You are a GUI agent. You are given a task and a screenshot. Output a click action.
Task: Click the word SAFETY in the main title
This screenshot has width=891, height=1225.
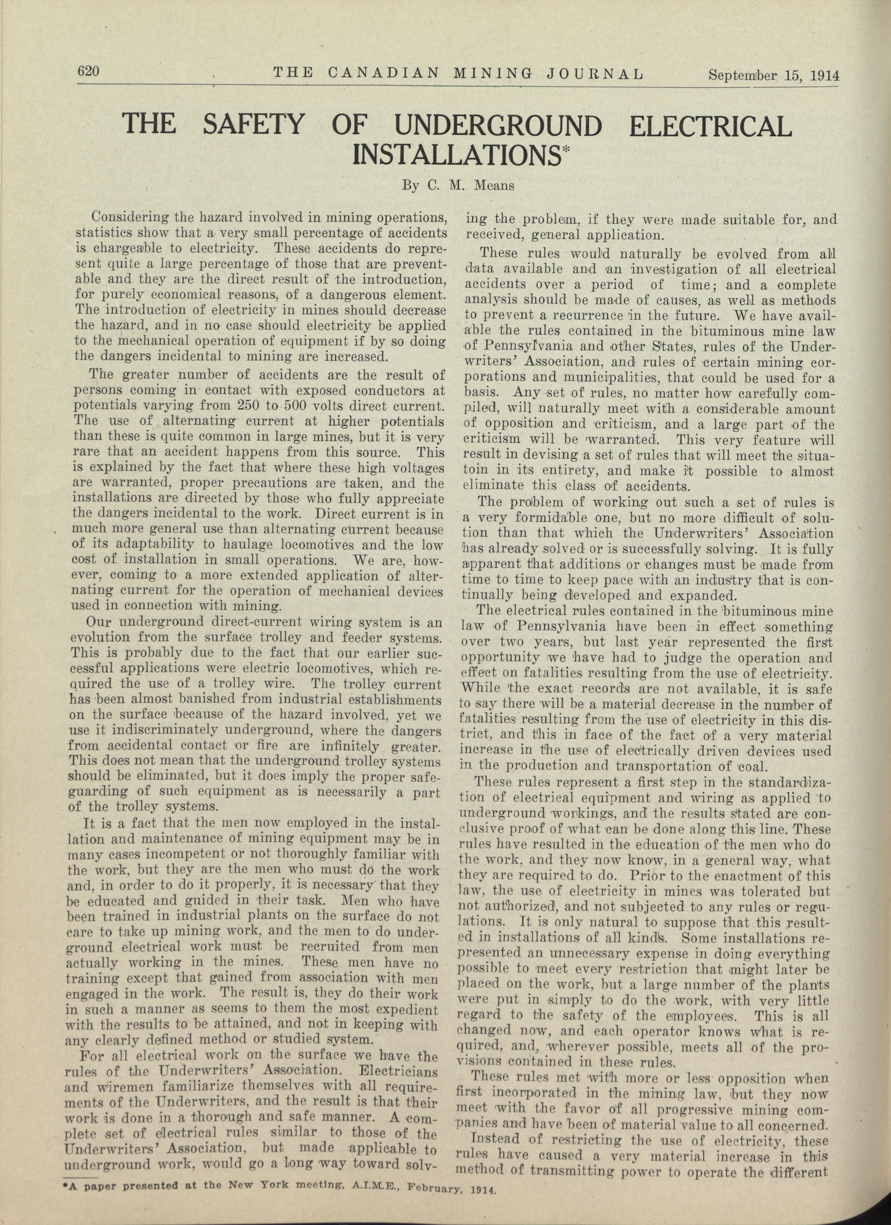pos(254,125)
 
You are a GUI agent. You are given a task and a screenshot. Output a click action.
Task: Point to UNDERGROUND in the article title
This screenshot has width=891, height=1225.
pos(497,126)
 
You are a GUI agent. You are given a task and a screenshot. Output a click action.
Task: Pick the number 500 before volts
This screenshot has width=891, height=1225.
pos(279,406)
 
